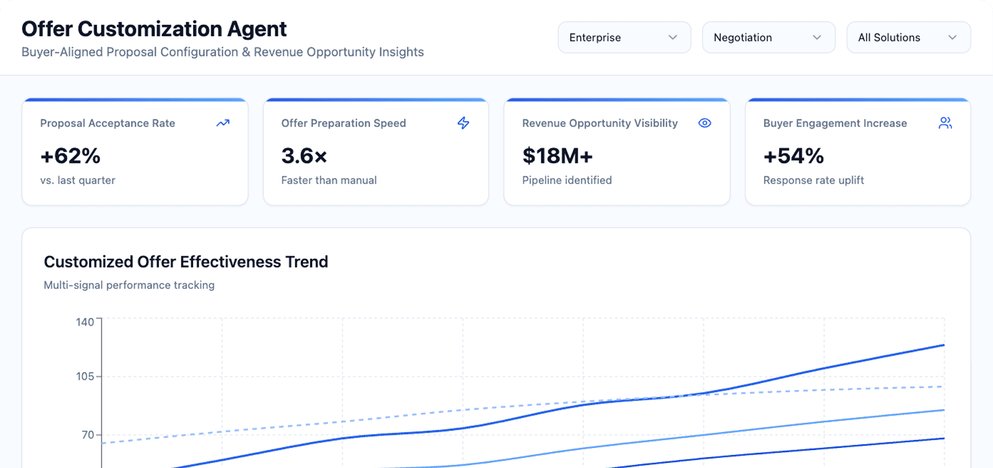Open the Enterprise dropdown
click(x=624, y=37)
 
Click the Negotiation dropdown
click(x=768, y=37)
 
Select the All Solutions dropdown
click(x=908, y=37)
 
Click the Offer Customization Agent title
click(x=154, y=29)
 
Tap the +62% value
click(x=70, y=156)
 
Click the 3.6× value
click(x=304, y=156)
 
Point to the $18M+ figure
click(x=557, y=156)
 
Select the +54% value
click(x=793, y=156)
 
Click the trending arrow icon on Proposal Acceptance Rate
click(x=223, y=123)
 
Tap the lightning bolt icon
click(x=463, y=123)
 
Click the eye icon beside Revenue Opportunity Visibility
click(x=705, y=123)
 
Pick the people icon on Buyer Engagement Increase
click(x=945, y=123)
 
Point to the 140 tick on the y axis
click(x=85, y=322)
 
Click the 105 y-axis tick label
click(x=85, y=377)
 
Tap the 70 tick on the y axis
click(x=88, y=435)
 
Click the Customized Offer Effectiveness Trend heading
click(x=186, y=262)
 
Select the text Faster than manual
click(x=329, y=181)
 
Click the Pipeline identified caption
click(x=566, y=181)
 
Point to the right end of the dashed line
click(x=943, y=386)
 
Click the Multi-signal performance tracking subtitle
click(x=129, y=285)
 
